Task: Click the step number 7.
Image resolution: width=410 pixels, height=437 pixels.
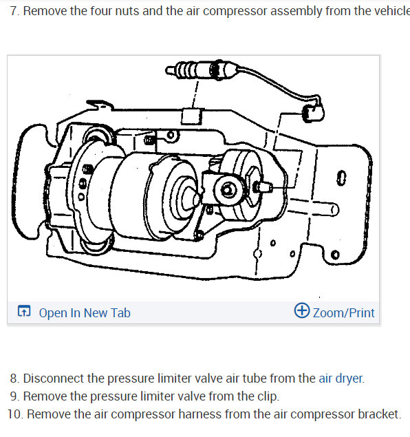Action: (14, 12)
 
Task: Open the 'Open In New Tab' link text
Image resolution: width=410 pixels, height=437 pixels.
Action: (84, 313)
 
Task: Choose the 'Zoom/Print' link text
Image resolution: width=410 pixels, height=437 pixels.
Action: (343, 313)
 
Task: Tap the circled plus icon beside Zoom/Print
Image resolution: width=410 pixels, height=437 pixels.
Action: (301, 311)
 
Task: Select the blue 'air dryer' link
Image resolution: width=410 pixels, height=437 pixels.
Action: (341, 379)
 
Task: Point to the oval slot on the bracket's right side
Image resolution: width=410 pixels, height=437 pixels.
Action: (340, 180)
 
